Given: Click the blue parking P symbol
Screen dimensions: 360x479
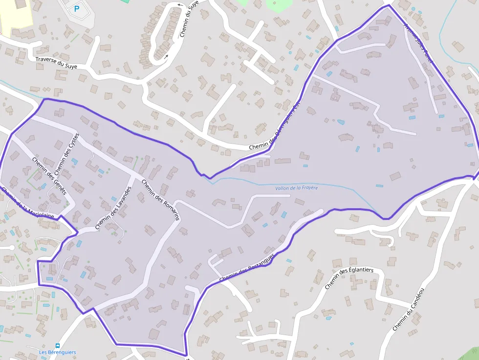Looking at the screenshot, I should coord(76,8).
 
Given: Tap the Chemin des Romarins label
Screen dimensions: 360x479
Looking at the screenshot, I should coord(161,200).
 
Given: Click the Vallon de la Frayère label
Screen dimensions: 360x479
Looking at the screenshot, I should coord(296,188).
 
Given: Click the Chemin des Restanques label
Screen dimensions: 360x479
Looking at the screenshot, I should coord(247,268).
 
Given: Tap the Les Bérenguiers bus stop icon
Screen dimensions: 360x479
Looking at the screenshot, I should coord(58,345).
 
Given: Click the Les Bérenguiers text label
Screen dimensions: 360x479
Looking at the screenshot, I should coord(58,352).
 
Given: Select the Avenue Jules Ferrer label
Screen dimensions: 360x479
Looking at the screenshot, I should coord(418,44).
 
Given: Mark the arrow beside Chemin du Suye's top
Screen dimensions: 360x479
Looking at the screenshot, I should coord(179,5).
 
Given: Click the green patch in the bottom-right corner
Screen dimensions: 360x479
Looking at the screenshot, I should coord(469,354).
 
